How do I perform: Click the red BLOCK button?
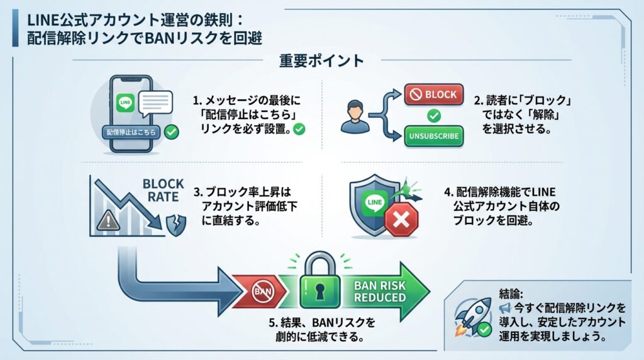434,94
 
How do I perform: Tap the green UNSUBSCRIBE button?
434,135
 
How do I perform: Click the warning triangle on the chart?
106,220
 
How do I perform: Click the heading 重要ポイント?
321,60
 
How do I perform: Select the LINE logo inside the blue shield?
374,202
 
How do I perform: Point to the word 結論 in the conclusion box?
509,293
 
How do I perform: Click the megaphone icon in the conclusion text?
504,308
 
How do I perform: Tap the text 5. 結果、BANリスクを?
322,322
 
